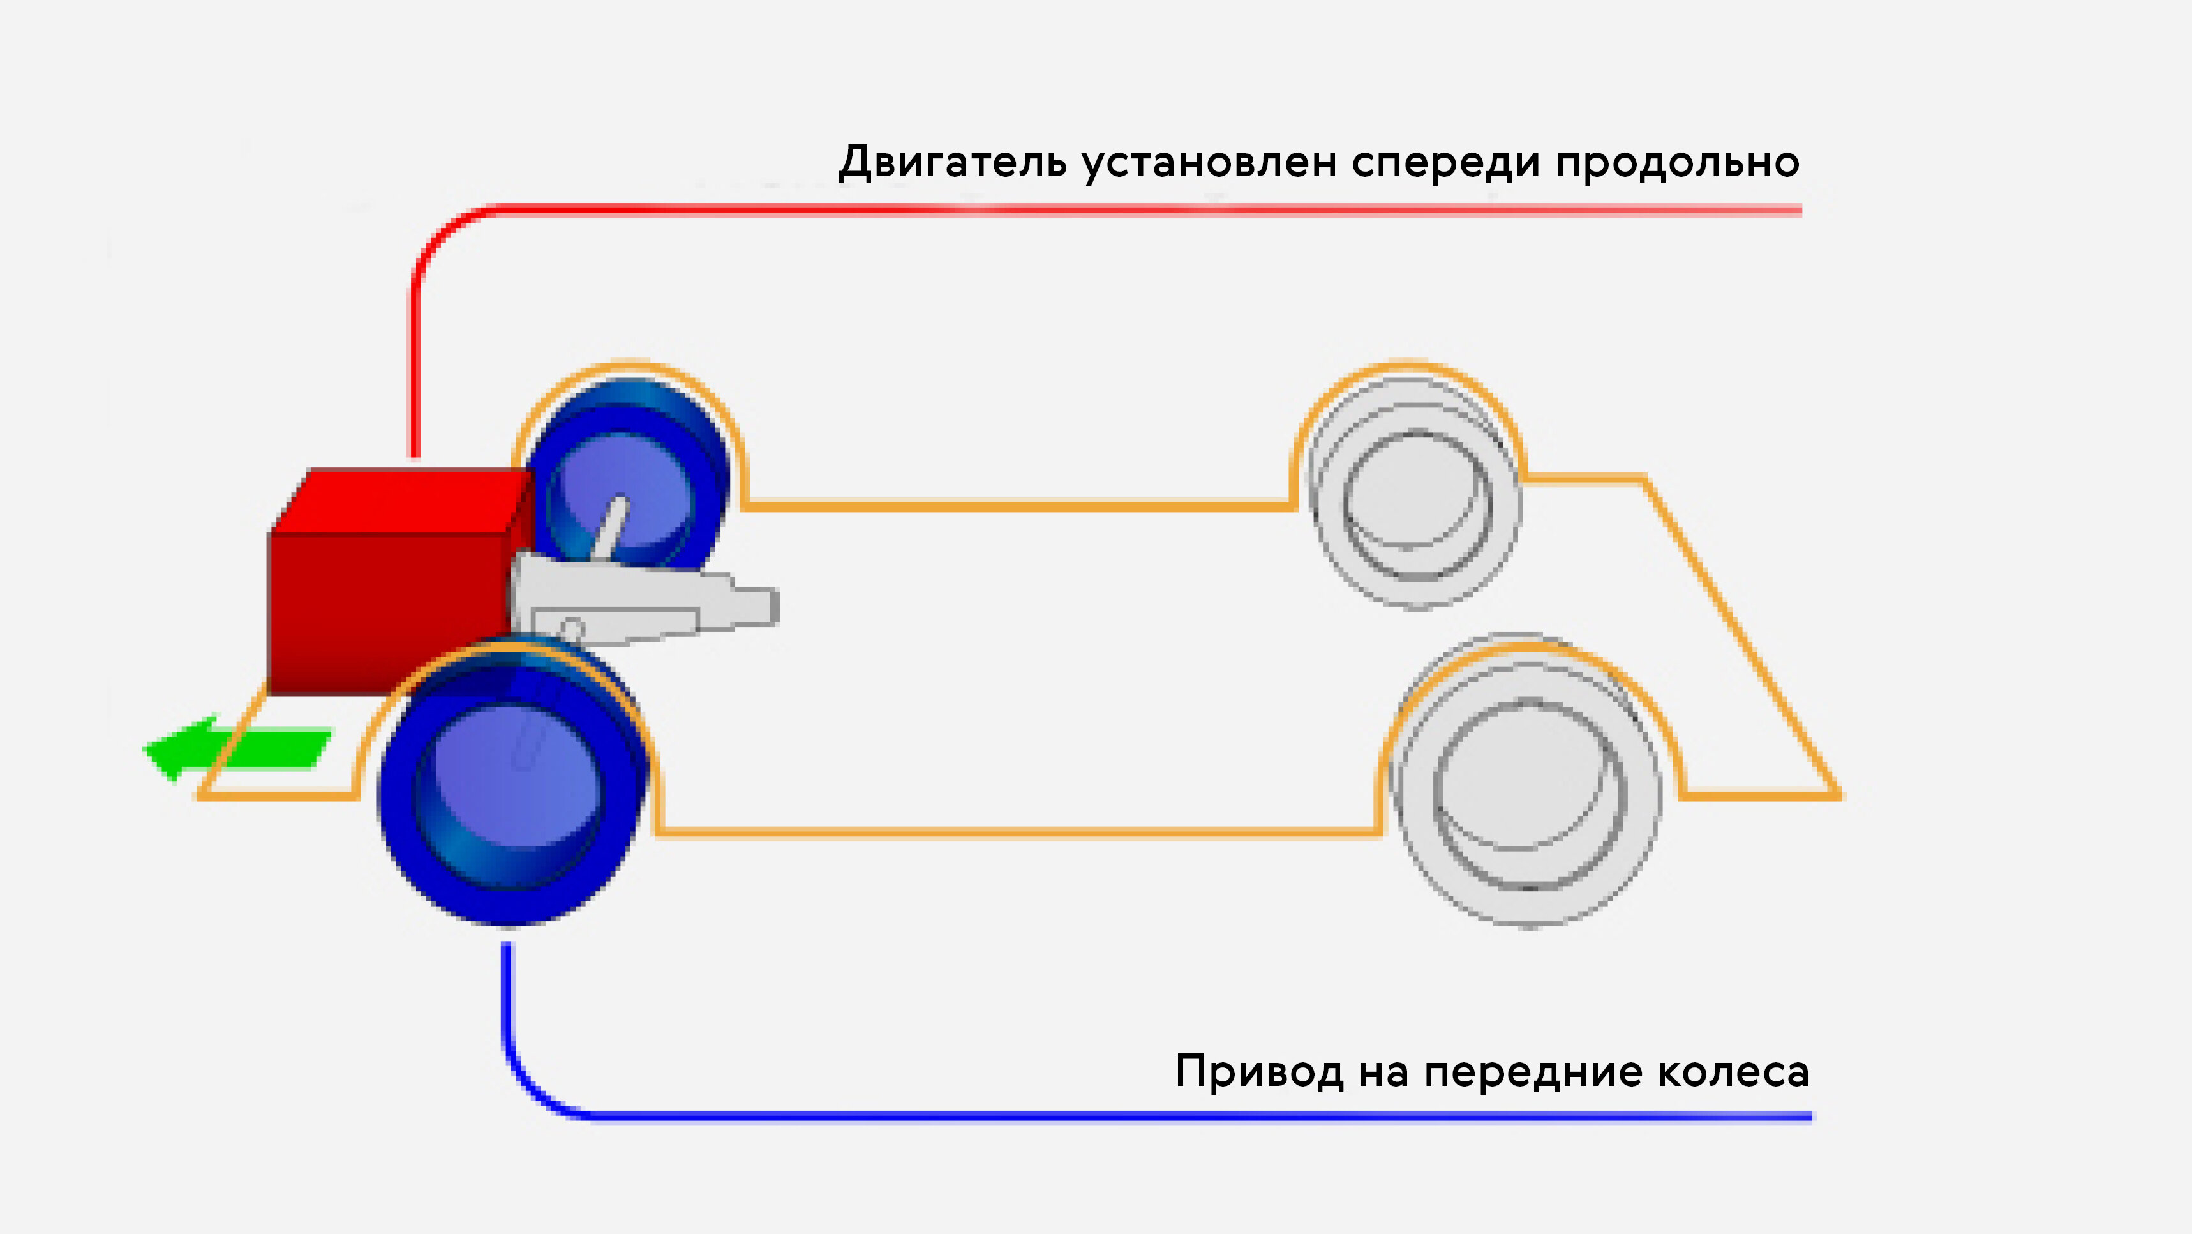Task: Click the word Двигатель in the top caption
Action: pos(952,162)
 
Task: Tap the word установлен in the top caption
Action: pos(1210,164)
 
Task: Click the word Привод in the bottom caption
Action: pos(1260,1071)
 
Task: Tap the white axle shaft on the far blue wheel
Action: pos(611,528)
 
